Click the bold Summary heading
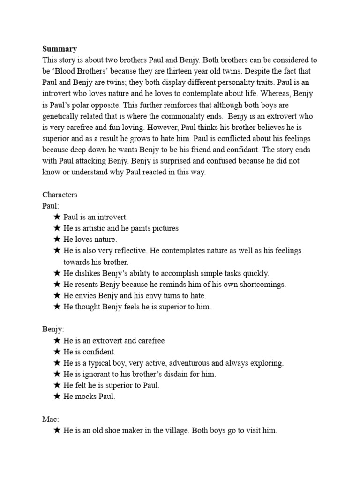[60, 49]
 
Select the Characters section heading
[60, 195]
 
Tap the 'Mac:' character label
[51, 419]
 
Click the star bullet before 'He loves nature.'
[57, 240]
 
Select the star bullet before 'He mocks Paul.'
[57, 397]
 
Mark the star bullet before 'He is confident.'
[57, 352]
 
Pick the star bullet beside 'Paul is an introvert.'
[57, 217]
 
